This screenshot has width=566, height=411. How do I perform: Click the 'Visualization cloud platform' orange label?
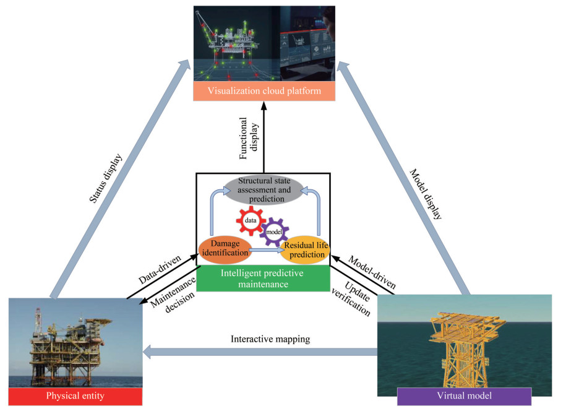pyautogui.click(x=264, y=92)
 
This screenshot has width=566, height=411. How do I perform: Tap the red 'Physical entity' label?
pyautogui.click(x=75, y=396)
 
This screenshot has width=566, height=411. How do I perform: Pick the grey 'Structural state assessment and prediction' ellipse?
pyautogui.click(x=264, y=190)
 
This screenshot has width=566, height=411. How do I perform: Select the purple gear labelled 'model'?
pyautogui.click(x=273, y=233)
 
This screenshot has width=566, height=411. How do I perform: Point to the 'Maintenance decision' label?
pyautogui.click(x=173, y=296)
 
